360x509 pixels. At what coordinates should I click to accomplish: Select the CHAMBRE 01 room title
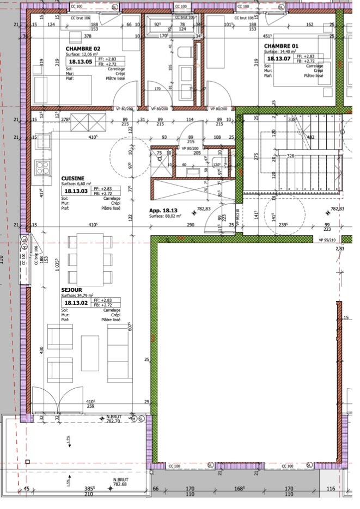pyautogui.click(x=282, y=46)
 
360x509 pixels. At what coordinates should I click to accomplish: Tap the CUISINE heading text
pyautogui.click(x=72, y=178)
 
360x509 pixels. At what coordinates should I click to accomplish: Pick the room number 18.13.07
pyautogui.click(x=278, y=59)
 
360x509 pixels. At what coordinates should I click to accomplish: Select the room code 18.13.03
pyautogui.click(x=76, y=191)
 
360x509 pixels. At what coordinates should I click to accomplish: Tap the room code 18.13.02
pyautogui.click(x=76, y=303)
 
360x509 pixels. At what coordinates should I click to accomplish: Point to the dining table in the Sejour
pyautogui.click(x=90, y=259)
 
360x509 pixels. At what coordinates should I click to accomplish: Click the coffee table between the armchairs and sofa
pyautogui.click(x=90, y=352)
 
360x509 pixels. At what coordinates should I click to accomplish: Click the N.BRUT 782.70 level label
pyautogui.click(x=113, y=419)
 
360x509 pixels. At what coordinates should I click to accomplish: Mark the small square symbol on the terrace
pyautogui.click(x=28, y=462)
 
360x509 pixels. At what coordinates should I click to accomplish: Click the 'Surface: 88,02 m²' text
pyautogui.click(x=168, y=216)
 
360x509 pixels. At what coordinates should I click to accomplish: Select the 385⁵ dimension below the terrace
pyautogui.click(x=89, y=488)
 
